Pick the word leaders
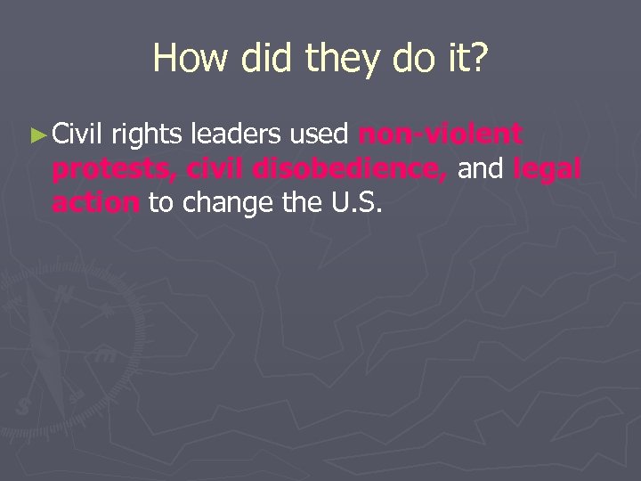pos(239,136)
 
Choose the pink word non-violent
pos(440,136)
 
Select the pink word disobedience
pos(348,168)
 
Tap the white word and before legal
pos(481,168)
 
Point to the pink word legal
pos(548,170)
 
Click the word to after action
pos(160,202)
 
